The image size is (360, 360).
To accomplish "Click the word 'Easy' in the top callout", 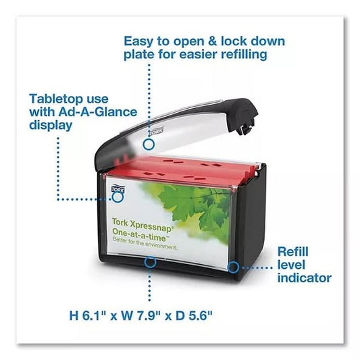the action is click(x=138, y=42).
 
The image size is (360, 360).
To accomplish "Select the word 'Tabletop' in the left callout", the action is click(x=57, y=99).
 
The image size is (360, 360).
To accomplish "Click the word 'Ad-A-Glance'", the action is click(x=97, y=112).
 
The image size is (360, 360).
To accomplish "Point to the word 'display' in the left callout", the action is click(x=51, y=126).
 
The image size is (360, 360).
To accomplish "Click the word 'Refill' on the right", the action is click(x=292, y=252).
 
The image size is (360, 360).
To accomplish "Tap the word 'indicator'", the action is click(x=304, y=278).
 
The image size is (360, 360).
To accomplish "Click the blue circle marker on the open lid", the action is click(x=149, y=145).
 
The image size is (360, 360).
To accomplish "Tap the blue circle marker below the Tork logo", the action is click(x=118, y=197).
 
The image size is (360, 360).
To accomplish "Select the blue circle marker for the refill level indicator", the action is click(x=234, y=267).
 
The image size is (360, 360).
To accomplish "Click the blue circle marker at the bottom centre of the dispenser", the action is click(x=150, y=262).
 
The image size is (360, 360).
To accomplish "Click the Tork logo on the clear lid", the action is click(x=156, y=132).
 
